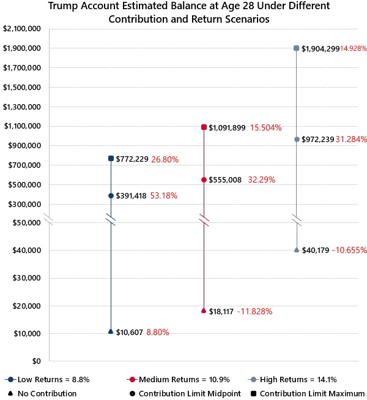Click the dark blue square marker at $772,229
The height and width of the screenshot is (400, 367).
(x=111, y=159)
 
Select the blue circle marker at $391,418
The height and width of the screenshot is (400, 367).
(x=111, y=195)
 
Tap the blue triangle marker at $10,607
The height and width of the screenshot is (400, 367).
(x=111, y=331)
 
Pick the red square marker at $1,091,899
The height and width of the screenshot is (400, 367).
(x=204, y=127)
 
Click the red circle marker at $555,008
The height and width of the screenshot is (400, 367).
(x=204, y=180)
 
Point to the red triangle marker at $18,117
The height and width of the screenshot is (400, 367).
(x=204, y=310)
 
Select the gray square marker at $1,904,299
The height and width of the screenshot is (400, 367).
(x=296, y=48)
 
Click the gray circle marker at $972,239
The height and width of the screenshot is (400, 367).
(x=297, y=139)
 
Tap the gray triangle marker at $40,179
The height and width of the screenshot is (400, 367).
(x=297, y=250)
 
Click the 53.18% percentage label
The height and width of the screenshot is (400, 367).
(x=164, y=195)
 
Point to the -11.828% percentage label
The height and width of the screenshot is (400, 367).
(x=254, y=311)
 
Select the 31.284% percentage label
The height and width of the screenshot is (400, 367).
(x=351, y=139)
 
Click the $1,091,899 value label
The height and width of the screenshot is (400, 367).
(x=227, y=127)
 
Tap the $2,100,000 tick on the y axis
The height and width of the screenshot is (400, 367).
(x=22, y=29)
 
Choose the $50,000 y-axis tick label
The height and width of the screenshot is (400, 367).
(x=26, y=223)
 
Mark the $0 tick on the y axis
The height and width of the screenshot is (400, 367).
(x=37, y=361)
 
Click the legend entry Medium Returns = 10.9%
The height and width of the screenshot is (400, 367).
(x=178, y=380)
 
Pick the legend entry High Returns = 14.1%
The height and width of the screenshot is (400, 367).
(x=292, y=380)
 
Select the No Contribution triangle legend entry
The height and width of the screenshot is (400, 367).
(x=42, y=394)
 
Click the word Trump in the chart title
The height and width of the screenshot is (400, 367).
(x=63, y=6)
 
